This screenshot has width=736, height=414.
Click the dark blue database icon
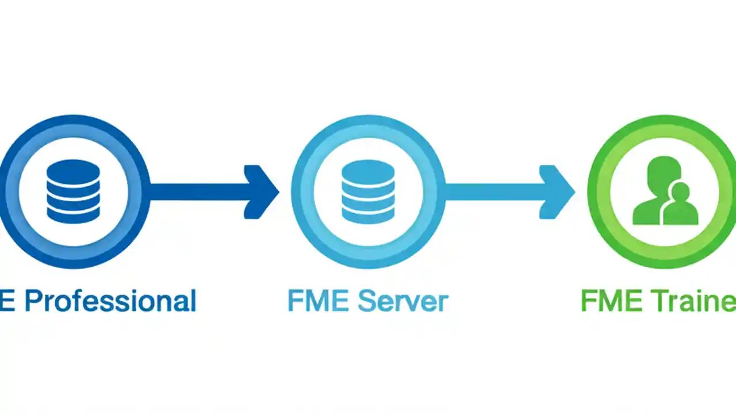pyautogui.click(x=73, y=191)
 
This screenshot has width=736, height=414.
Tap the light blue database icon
pyautogui.click(x=368, y=191)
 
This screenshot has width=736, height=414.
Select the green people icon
pyautogui.click(x=664, y=193)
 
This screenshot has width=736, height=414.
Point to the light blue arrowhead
pyautogui.click(x=556, y=191)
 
